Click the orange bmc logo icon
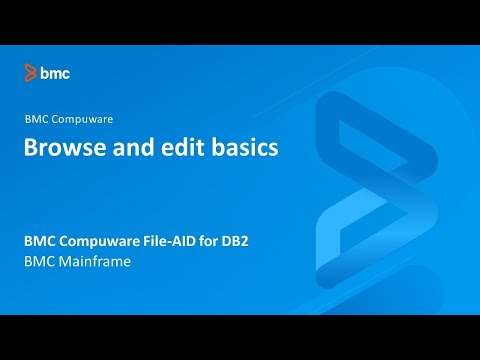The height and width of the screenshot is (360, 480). [x=32, y=73]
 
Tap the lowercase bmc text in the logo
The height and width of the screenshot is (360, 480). [x=56, y=73]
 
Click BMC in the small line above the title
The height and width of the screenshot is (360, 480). [x=37, y=119]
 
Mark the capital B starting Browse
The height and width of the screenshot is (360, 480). [x=31, y=149]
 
